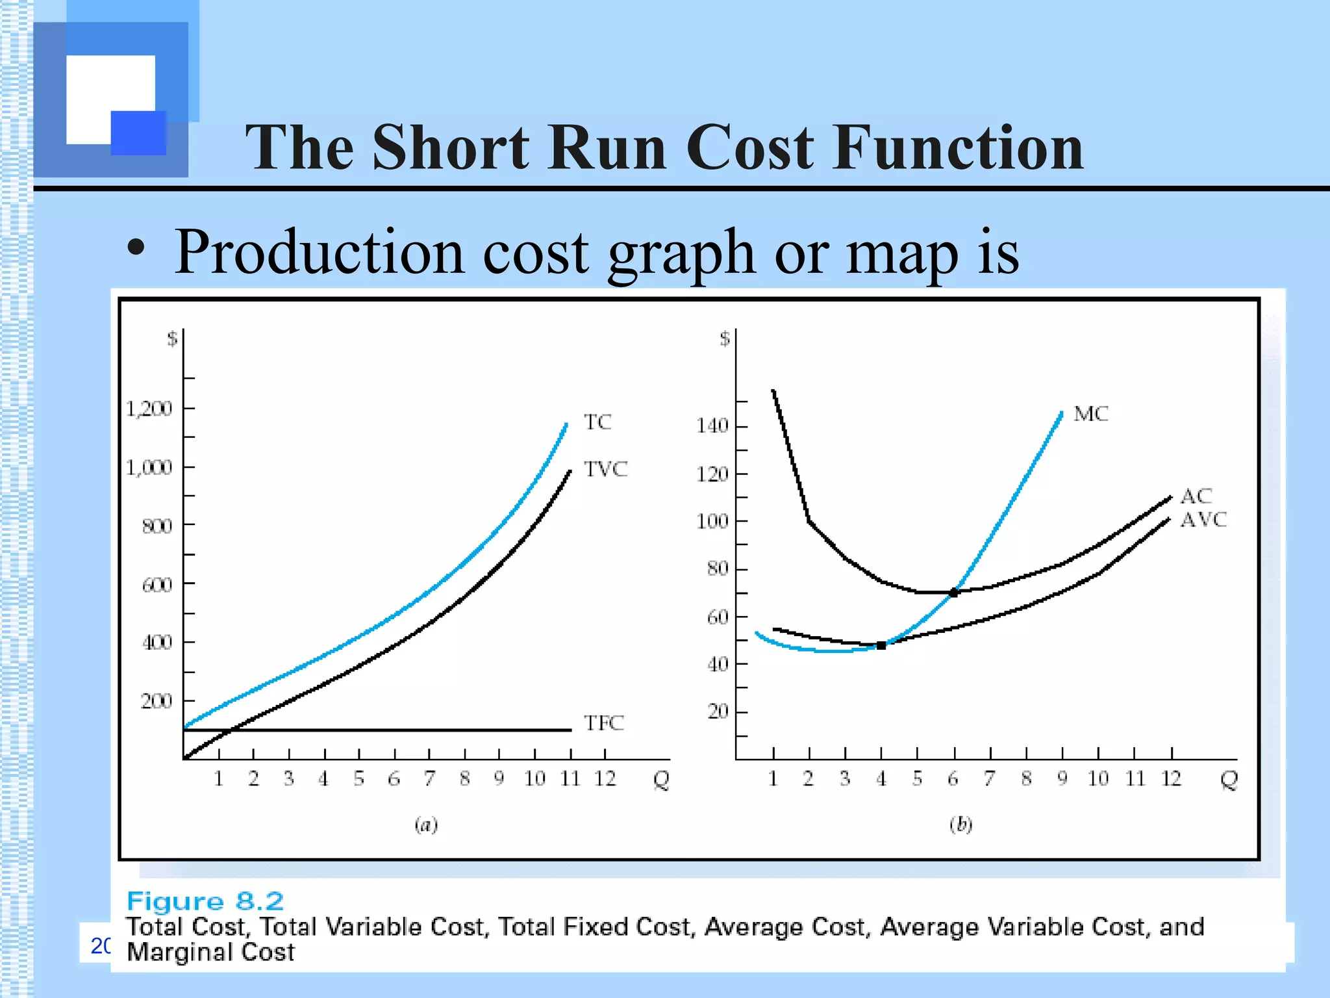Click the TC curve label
597,422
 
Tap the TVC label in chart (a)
605,469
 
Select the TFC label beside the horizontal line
603,723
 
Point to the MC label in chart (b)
1090,414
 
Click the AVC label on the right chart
1203,520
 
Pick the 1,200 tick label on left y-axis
149,409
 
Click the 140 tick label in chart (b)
712,426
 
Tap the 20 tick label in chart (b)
718,711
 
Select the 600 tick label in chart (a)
157,585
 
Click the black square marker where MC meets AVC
881,645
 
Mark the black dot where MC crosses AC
953,593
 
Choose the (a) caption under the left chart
426,825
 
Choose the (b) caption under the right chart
961,825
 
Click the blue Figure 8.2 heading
205,901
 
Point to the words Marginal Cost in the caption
210,953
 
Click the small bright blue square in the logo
138,133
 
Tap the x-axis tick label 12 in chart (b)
1171,778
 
